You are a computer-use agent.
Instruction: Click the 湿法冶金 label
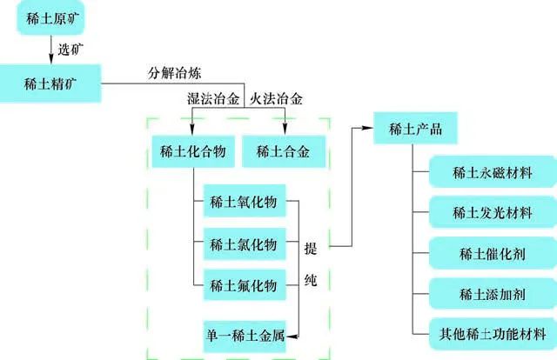[212, 99]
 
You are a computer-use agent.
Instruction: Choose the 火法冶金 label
[276, 99]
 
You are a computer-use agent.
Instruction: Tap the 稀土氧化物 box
[244, 203]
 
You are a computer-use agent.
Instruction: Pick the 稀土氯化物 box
[244, 244]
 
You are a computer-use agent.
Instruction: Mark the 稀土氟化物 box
[244, 285]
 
